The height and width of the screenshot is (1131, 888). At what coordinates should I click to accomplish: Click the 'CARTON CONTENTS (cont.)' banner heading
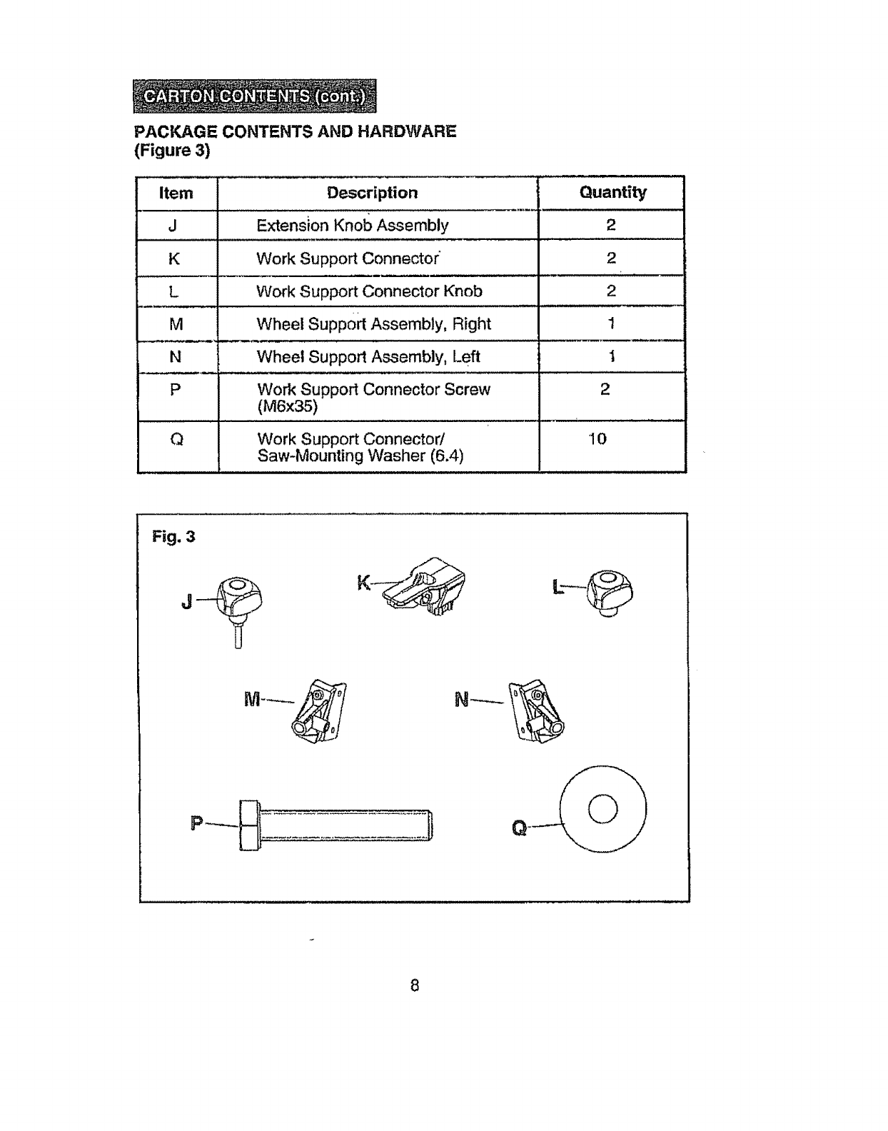[254, 96]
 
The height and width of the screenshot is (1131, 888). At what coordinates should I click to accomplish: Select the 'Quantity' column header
[612, 192]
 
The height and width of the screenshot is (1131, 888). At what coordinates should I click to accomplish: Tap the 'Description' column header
[372, 193]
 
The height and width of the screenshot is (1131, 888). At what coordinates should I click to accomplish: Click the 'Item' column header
[176, 193]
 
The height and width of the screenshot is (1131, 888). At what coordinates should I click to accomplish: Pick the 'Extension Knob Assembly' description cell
[352, 226]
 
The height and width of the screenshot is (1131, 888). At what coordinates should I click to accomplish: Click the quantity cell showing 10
[597, 439]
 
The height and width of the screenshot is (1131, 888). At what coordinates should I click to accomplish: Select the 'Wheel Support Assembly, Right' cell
[373, 324]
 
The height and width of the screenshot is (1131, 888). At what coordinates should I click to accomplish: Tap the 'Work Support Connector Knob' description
[369, 291]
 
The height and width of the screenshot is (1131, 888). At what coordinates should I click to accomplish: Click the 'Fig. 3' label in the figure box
[173, 536]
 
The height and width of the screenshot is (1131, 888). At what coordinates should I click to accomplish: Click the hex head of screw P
[248, 825]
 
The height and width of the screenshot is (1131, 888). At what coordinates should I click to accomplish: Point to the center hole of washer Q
[603, 809]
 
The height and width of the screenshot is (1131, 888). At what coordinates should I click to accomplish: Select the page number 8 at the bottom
[414, 986]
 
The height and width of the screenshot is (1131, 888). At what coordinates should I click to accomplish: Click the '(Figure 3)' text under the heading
[172, 151]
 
